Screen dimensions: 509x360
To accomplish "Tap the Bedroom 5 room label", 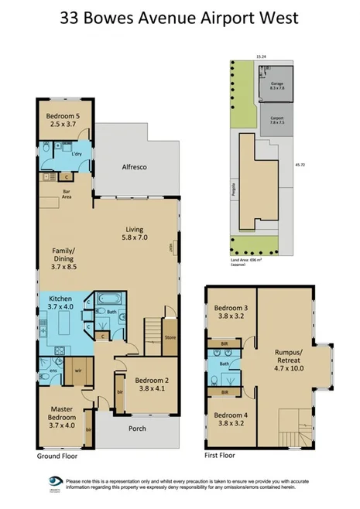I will coord(62,120).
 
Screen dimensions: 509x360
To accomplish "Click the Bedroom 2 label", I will coord(150,385).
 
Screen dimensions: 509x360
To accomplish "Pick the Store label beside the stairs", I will coord(170,336).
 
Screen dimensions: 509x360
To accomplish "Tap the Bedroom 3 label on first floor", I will coord(230,312).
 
